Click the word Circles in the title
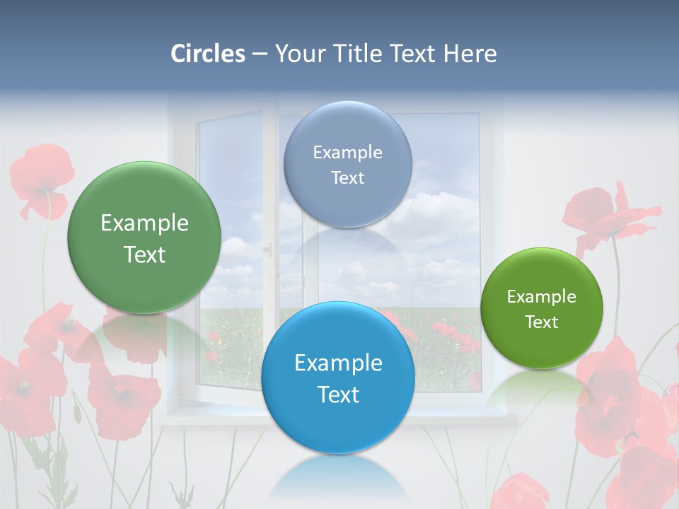[208, 54]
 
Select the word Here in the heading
[470, 54]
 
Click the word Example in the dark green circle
[144, 223]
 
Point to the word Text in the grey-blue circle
[347, 178]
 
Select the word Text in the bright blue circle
[338, 394]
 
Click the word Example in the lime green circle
[542, 297]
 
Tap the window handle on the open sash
[267, 248]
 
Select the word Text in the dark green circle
[144, 255]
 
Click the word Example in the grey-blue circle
[347, 153]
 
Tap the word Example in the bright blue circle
[338, 363]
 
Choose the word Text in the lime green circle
[542, 322]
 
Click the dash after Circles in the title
[260, 54]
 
